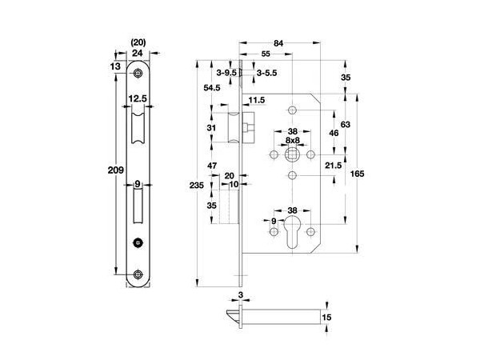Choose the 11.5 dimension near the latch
pyautogui.click(x=256, y=100)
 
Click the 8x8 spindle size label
pyautogui.click(x=293, y=139)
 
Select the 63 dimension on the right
pyautogui.click(x=346, y=124)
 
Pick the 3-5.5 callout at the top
pyautogui.click(x=266, y=72)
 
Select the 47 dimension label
pyautogui.click(x=212, y=165)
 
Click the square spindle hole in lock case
pyautogui.click(x=293, y=154)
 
